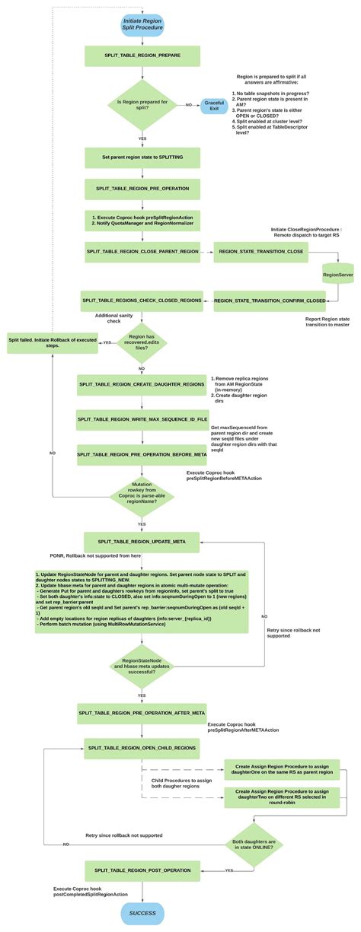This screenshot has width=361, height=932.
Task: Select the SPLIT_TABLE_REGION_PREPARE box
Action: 142,56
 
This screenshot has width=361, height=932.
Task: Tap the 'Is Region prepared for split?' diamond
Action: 142,104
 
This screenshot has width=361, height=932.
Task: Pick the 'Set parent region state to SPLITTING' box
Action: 142,157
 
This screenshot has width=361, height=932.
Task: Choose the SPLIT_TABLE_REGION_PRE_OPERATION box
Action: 142,187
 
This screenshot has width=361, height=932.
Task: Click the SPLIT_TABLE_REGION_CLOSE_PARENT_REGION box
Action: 142,250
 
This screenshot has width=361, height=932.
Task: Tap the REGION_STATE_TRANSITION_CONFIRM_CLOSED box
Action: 259,301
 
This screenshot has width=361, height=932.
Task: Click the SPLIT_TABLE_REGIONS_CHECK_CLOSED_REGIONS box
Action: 142,301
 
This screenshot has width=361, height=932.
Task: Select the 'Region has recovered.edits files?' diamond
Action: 142,343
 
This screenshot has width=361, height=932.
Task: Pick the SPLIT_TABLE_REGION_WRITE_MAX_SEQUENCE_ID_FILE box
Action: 142,418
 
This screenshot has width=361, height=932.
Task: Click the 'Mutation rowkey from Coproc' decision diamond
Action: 142,494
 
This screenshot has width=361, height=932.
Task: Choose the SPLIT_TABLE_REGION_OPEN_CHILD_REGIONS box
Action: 142,748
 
